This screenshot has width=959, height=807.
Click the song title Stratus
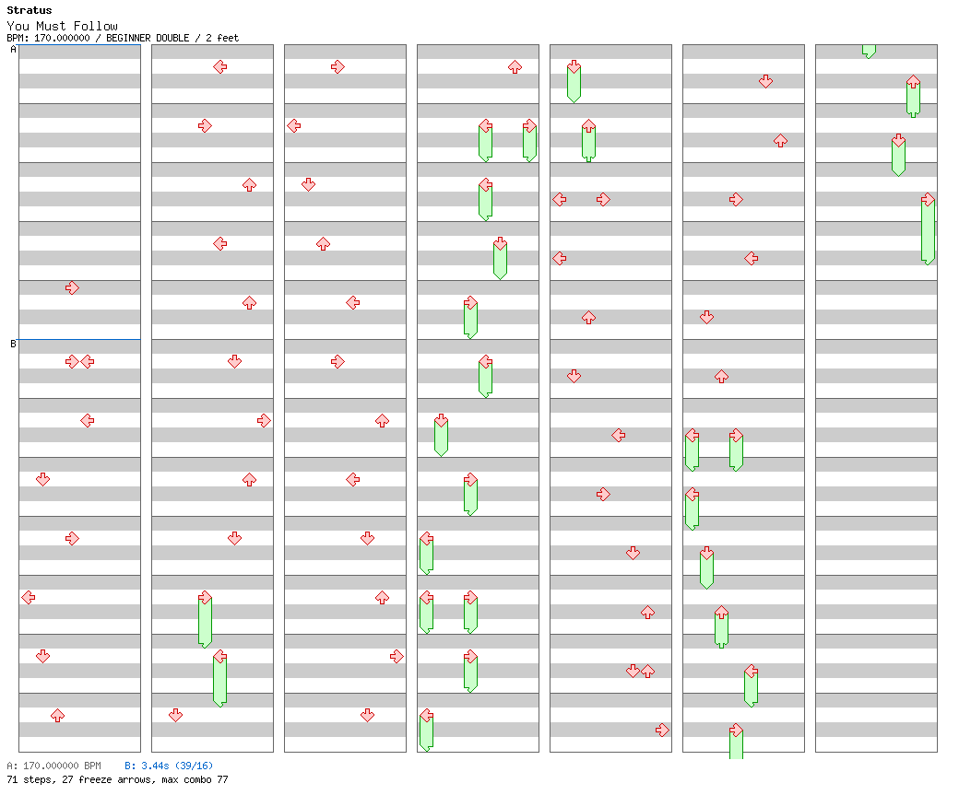pos(30,11)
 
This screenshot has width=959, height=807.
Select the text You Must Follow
pos(62,26)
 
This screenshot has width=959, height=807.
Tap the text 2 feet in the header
pos(221,38)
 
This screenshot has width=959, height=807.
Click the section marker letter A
pos(13,50)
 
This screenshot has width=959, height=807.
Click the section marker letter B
pos(13,345)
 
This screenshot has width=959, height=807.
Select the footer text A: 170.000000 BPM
pos(53,766)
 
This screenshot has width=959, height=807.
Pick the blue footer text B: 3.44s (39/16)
pos(169,766)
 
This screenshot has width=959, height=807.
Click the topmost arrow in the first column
pos(72,287)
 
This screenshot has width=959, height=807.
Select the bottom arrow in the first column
pos(57,715)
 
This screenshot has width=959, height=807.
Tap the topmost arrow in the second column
pos(219,66)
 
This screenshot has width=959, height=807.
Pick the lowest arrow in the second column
pos(175,715)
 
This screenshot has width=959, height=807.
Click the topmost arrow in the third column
pos(337,66)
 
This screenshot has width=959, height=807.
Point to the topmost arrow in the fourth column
pos(515,66)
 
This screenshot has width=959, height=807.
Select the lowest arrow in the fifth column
pos(662,730)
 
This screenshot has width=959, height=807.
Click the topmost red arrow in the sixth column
pos(765,81)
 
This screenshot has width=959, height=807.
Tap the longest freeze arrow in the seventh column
pos(928,230)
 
